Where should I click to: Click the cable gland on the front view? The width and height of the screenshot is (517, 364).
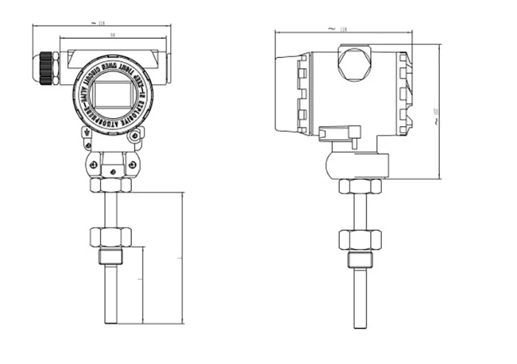(x=46, y=68)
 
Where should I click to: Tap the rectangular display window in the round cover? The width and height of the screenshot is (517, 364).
(x=112, y=94)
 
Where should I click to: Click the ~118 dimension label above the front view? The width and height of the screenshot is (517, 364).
(x=101, y=23)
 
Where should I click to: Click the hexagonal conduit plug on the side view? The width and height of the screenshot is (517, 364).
(x=354, y=64)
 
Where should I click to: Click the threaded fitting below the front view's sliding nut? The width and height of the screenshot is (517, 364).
(x=110, y=256)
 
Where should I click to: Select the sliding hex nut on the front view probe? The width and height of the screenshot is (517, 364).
(x=110, y=237)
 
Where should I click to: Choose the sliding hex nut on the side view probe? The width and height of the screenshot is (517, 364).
(x=359, y=240)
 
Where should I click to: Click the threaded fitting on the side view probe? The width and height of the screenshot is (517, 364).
(x=359, y=260)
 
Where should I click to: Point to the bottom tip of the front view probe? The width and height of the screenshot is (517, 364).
(x=110, y=321)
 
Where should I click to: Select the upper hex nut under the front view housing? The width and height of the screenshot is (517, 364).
(x=110, y=185)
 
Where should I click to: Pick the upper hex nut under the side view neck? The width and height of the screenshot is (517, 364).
(x=359, y=186)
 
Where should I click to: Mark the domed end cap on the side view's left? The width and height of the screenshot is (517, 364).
(x=285, y=94)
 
